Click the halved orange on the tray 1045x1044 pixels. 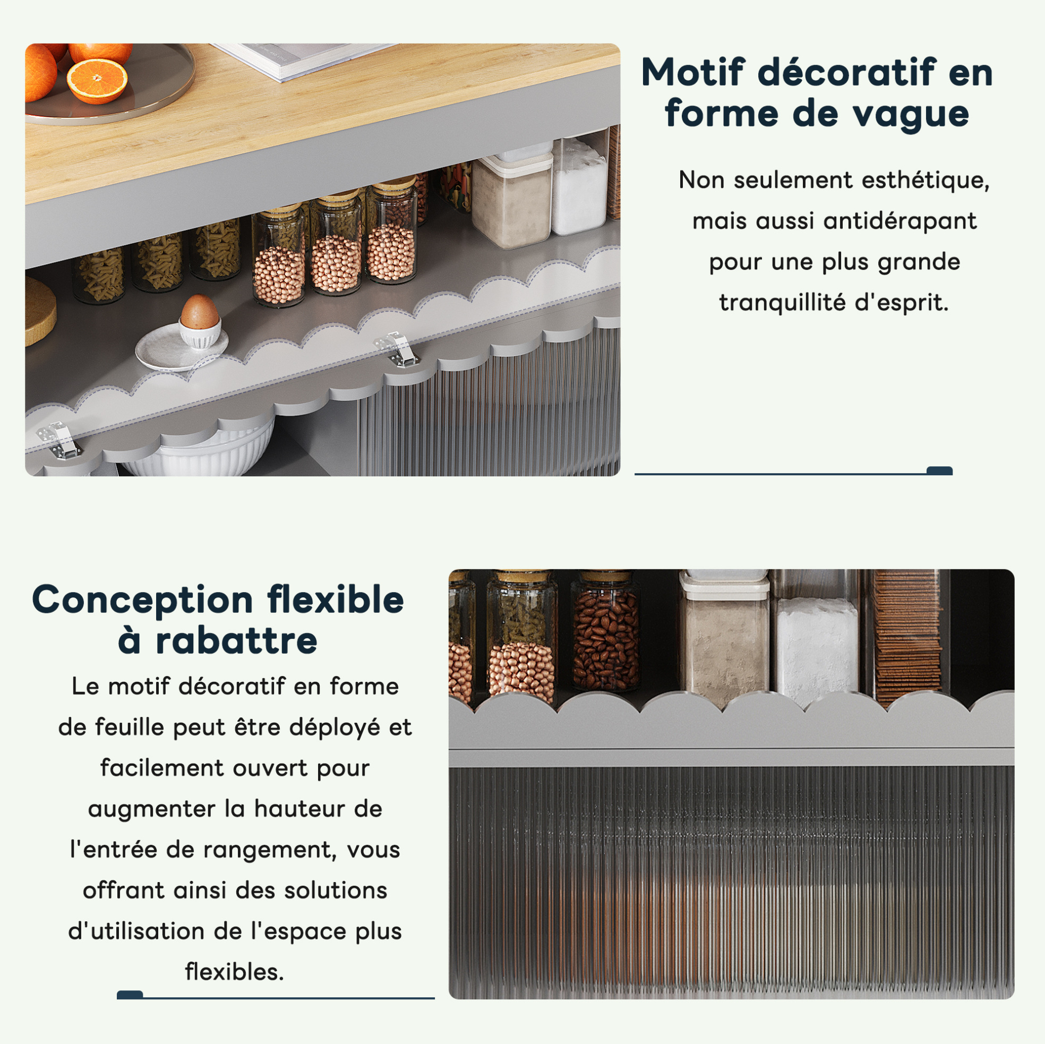coord(97,81)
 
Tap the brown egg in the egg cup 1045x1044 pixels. coord(199,312)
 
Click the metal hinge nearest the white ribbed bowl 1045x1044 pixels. coord(57,440)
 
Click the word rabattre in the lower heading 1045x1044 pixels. coord(236,641)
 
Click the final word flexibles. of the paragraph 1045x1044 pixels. coord(235,972)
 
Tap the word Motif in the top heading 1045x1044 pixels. coord(693,72)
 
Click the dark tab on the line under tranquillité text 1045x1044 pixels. coord(939,470)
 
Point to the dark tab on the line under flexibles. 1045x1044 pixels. coord(130,995)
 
